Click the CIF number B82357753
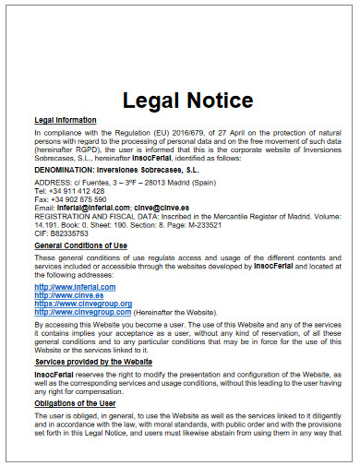click(x=70, y=235)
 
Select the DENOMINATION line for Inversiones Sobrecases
click(x=121, y=170)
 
